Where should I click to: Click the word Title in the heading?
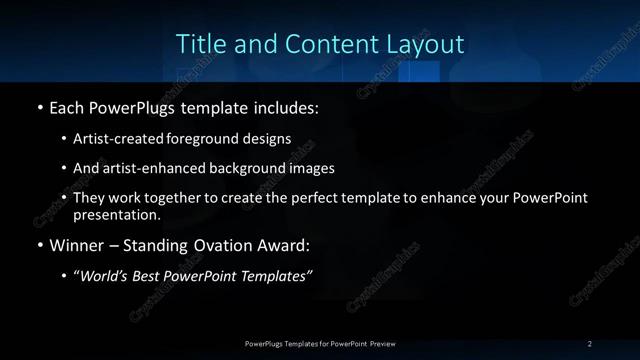click(198, 45)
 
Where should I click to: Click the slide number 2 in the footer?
click(590, 344)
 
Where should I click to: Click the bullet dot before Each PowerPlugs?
click(39, 107)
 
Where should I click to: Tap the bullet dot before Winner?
click(39, 246)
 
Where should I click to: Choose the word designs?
click(268, 140)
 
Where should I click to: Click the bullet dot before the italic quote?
click(64, 277)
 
